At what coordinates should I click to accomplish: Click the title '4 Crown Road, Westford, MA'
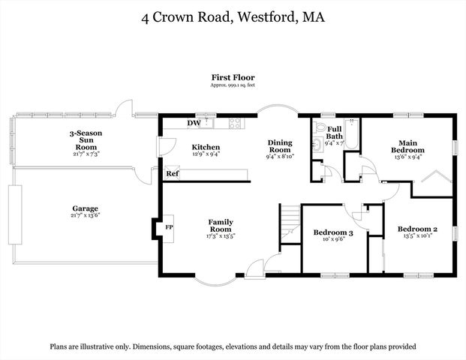pos(233,17)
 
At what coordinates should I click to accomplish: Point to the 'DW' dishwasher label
pos(193,124)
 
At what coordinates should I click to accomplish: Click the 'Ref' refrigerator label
pos(173,174)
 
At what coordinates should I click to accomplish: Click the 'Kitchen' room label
pos(206,147)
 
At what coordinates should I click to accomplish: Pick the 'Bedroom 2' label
pos(416,229)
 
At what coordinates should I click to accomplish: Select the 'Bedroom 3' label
pos(333,233)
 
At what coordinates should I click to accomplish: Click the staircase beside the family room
pos(290,224)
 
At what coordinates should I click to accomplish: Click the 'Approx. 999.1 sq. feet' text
pos(233,85)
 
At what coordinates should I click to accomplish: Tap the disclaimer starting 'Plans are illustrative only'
pos(233,347)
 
